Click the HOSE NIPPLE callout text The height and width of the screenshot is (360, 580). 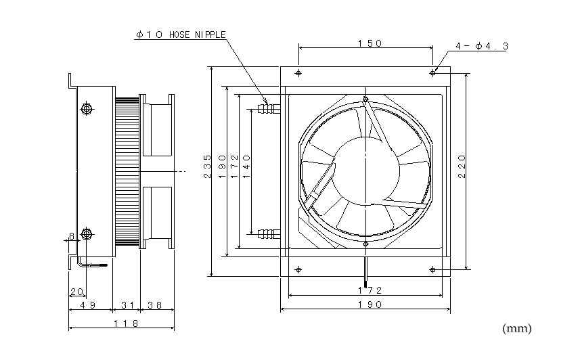(x=181, y=35)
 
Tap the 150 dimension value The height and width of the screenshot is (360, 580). (x=370, y=44)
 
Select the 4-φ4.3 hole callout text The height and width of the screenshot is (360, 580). (x=482, y=46)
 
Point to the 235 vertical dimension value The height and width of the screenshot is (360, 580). (x=208, y=166)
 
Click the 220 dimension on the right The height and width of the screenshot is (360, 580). (x=462, y=166)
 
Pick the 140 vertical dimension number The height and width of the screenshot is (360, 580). (x=247, y=166)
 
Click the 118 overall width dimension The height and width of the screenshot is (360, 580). (x=126, y=323)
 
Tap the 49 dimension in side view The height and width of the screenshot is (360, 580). (x=88, y=305)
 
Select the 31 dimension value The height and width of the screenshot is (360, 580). (x=128, y=305)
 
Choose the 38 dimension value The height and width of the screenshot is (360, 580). (x=155, y=305)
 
